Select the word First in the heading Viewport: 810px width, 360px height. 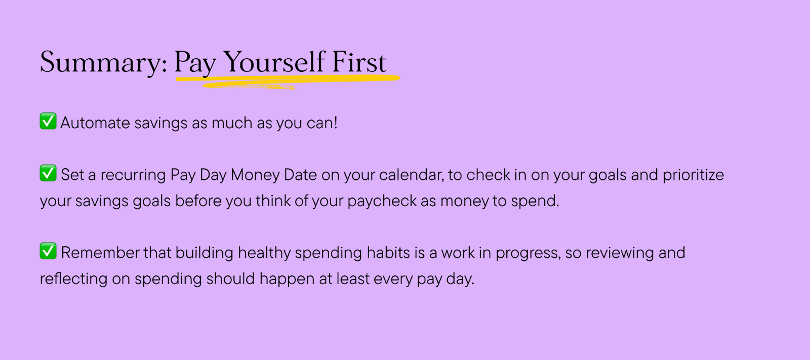point(359,62)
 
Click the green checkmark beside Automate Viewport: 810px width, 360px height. point(48,121)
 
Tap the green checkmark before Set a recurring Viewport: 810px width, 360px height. point(48,173)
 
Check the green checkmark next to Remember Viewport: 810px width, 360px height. point(48,251)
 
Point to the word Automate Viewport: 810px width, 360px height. point(95,123)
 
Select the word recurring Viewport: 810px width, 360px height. point(133,175)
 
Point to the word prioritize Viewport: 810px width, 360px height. point(693,175)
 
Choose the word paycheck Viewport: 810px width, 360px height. point(382,201)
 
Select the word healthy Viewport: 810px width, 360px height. point(264,253)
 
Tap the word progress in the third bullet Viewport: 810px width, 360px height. point(528,253)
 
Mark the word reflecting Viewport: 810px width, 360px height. point(73,279)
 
